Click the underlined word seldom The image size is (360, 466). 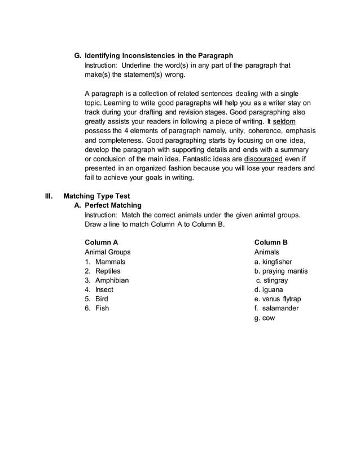284,121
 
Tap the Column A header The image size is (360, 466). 101,243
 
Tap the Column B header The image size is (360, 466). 271,243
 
